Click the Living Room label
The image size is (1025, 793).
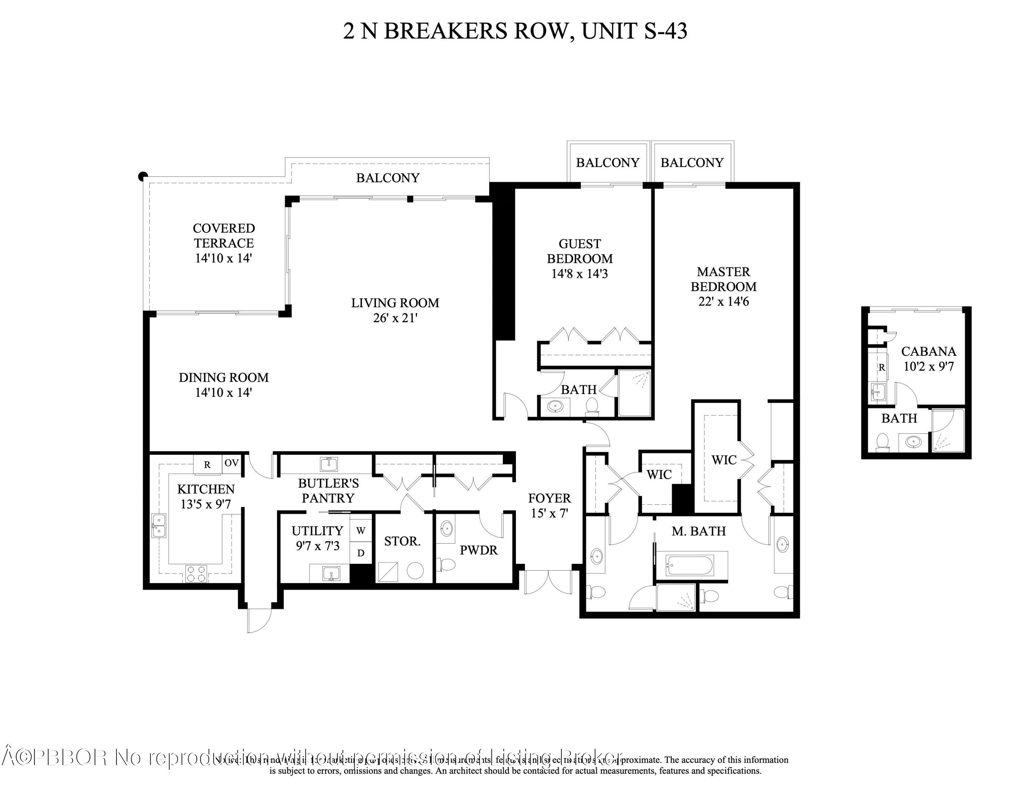pos(395,303)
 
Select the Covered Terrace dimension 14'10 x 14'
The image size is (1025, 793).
pos(223,258)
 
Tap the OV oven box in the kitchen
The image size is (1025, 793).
pos(231,463)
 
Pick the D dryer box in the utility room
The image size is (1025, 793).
pos(360,553)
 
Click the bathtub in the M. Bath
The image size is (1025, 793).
pos(689,565)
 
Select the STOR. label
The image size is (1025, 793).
pos(402,541)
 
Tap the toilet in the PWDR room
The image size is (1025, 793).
pos(446,564)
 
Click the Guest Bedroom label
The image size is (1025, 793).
pos(579,251)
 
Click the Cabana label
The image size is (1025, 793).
pos(928,351)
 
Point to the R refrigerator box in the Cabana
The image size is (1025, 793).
pos(881,367)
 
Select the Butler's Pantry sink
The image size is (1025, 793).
pos(329,464)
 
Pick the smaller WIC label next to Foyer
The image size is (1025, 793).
pos(659,475)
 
